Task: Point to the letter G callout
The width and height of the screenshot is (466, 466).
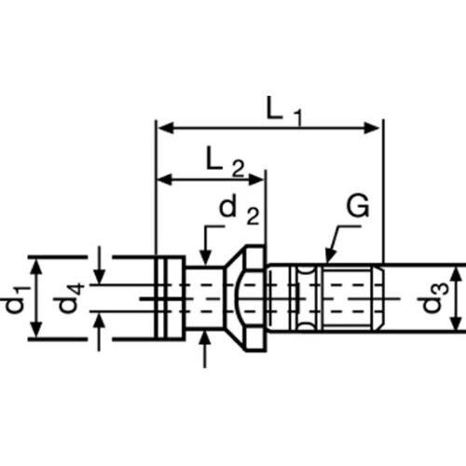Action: point(358,206)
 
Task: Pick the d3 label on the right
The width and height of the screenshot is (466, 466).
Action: point(435,297)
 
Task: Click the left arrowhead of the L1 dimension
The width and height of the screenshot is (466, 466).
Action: point(167,128)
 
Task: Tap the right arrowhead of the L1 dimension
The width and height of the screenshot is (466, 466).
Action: point(372,128)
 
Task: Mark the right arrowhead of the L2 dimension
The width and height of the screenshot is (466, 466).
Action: point(255,180)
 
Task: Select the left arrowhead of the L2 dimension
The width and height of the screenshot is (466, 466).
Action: point(165,180)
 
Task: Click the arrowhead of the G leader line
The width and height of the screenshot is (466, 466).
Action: point(330,255)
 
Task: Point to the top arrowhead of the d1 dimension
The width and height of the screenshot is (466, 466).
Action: point(37,267)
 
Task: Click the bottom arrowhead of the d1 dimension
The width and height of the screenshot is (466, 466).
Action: point(37,330)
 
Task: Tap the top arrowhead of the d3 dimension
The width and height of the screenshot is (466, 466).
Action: point(456,275)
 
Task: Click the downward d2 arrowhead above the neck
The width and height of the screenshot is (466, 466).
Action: point(205,257)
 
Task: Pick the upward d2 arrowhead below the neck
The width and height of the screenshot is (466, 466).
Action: point(204,339)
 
